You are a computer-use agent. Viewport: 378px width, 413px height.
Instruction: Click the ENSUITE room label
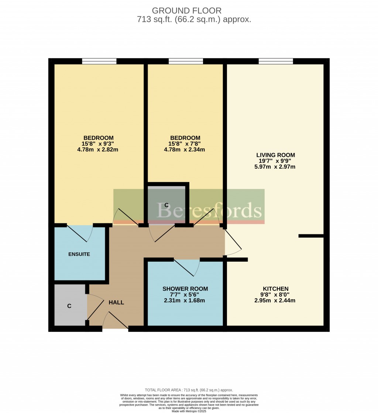click(79, 254)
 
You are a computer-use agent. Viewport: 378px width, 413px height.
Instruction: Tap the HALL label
click(116, 303)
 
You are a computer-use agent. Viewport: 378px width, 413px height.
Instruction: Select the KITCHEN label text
click(275, 289)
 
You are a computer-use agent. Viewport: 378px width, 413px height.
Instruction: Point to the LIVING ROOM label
click(276, 155)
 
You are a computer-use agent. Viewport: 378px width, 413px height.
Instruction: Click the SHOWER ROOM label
click(185, 289)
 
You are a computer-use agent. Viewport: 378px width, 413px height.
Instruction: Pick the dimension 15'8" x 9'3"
click(98, 144)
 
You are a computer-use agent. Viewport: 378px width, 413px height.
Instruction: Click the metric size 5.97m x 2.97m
click(276, 167)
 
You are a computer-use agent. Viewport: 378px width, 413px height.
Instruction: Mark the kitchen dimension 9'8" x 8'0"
click(275, 295)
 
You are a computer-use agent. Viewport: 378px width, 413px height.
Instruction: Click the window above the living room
click(276, 61)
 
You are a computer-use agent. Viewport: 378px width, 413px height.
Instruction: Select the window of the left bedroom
click(99, 61)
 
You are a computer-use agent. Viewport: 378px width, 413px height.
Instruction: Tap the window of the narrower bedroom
click(186, 61)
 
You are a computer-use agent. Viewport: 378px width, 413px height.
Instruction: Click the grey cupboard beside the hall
click(70, 306)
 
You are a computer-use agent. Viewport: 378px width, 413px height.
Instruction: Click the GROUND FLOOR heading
click(186, 10)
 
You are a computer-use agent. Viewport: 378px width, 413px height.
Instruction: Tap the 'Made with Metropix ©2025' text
click(189, 411)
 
